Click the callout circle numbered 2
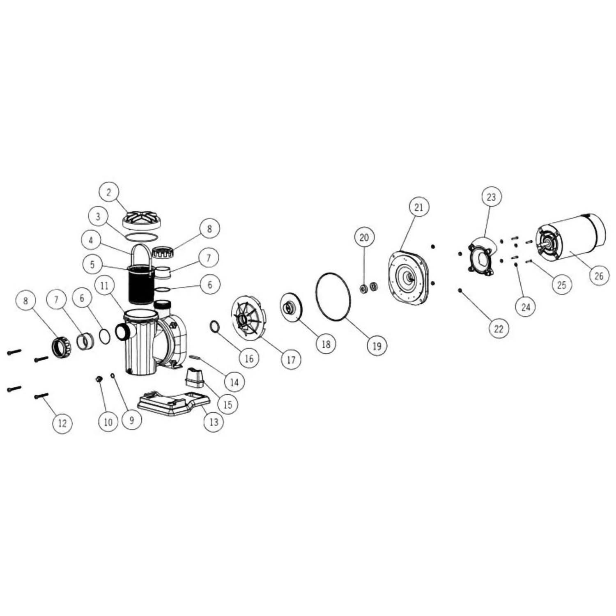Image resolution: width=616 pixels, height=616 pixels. click(x=109, y=193)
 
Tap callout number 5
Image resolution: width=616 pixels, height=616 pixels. click(x=92, y=264)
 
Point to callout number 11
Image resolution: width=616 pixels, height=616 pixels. click(x=105, y=285)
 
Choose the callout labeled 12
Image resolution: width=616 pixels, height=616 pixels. click(x=62, y=423)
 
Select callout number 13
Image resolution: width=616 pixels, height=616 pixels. click(x=214, y=422)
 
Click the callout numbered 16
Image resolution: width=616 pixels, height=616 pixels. click(x=249, y=358)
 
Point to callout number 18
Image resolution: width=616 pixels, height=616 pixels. click(x=326, y=344)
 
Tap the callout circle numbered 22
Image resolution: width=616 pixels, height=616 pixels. click(x=499, y=329)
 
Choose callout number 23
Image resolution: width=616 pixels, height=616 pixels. click(x=492, y=197)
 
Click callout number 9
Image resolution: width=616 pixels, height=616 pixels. click(x=131, y=420)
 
